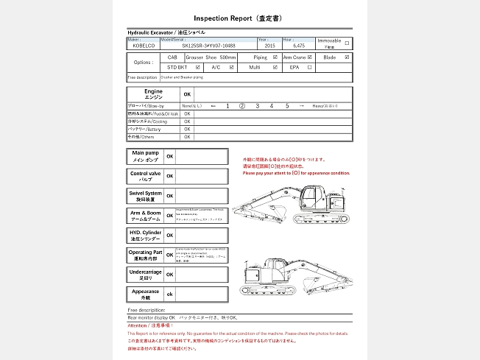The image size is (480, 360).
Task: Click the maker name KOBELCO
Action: point(145,46)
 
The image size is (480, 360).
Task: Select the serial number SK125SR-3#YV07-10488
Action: point(209,46)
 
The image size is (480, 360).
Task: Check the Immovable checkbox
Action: point(347,43)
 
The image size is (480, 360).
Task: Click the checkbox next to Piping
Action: point(275,57)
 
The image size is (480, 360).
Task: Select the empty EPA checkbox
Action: point(310,67)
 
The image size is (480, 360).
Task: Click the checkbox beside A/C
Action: point(232,67)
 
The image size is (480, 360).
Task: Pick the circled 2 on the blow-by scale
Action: point(242,106)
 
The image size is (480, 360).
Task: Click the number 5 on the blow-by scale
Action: point(287,106)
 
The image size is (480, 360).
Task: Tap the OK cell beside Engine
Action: point(187,94)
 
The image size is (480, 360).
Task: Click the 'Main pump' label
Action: point(145,156)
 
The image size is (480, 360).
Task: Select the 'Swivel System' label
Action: point(145,196)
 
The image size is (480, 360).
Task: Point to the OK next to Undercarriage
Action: point(170,275)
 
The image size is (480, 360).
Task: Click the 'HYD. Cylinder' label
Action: point(145,236)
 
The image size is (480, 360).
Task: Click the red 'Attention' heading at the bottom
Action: point(149,325)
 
